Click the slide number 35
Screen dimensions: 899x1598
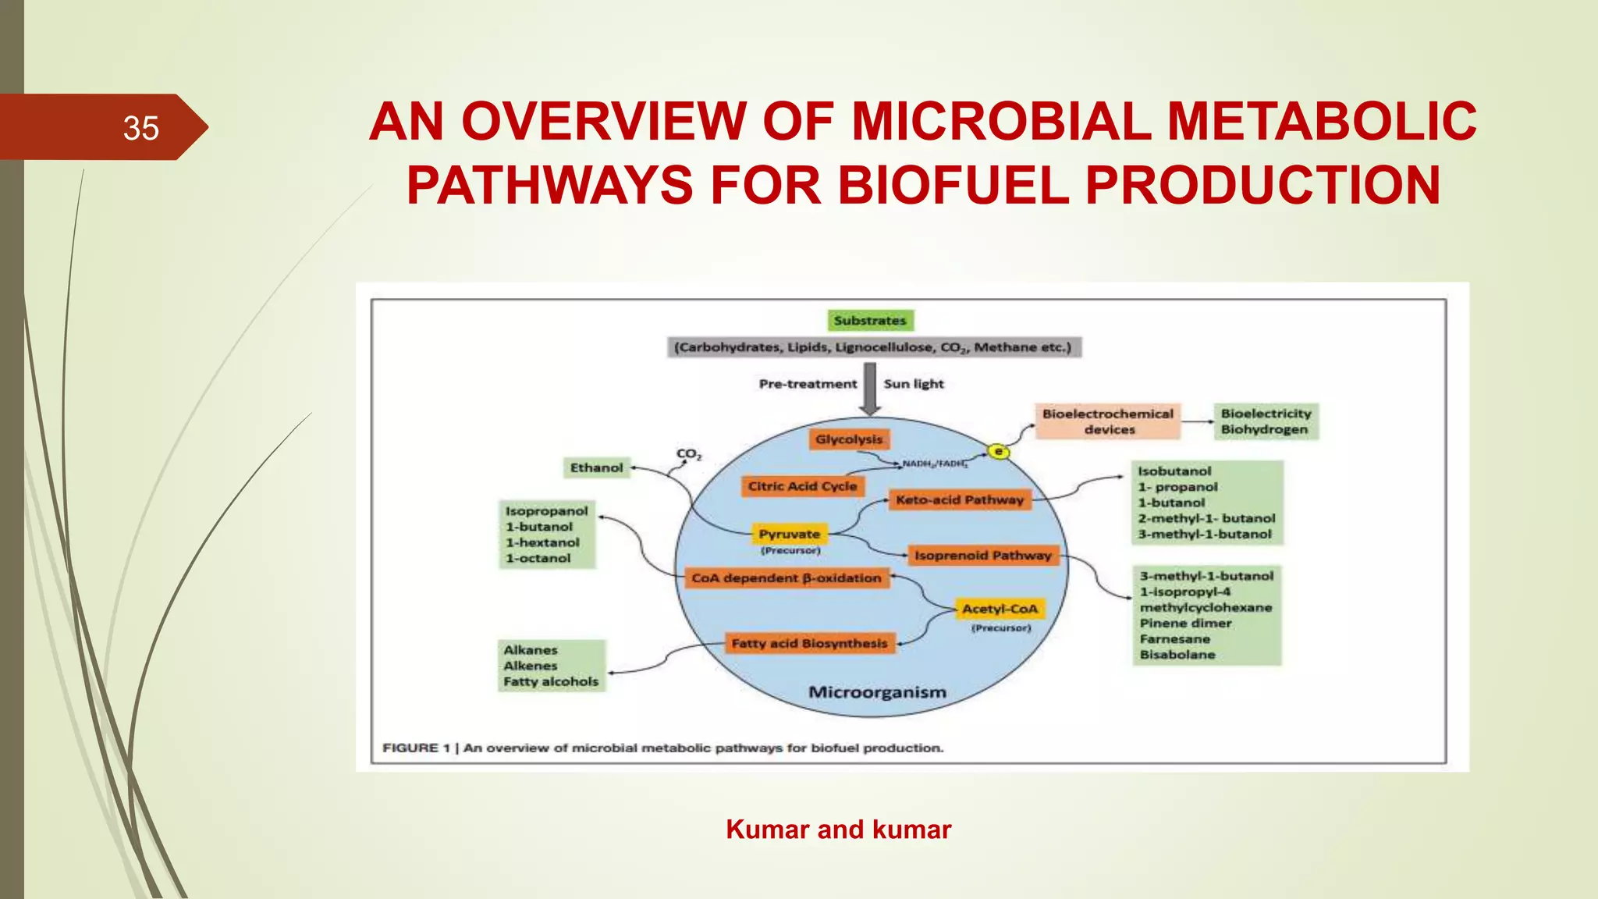coord(140,128)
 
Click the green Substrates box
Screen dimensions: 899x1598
coord(869,321)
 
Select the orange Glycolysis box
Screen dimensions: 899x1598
coord(849,439)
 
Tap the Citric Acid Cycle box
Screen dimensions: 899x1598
coord(802,486)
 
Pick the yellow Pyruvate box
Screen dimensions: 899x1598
coord(789,534)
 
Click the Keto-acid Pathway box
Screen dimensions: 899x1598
coord(959,499)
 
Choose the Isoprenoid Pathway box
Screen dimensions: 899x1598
coord(982,556)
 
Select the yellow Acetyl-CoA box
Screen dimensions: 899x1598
coord(1000,609)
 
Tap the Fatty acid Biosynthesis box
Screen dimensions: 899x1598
coord(809,643)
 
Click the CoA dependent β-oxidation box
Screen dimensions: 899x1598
coord(786,578)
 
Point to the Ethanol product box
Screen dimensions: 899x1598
coord(596,467)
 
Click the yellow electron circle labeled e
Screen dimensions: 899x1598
coord(998,451)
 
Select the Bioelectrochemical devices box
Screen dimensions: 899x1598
coord(1107,421)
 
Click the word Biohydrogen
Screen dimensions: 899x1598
coord(1264,430)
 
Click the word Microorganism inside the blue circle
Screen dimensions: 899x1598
coord(877,692)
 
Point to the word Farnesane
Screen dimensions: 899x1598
coord(1174,639)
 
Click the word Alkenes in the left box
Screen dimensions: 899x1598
coord(531,666)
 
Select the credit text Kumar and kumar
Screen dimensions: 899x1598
coord(838,830)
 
